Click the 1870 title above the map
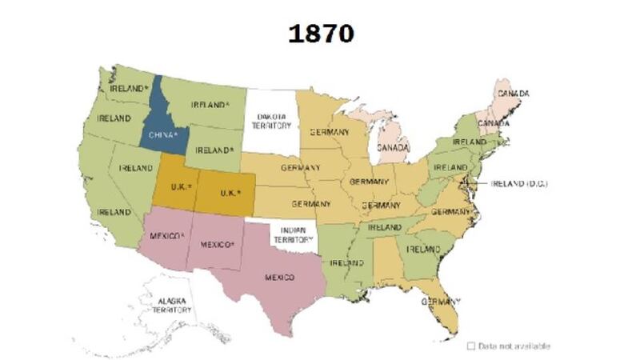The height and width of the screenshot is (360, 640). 321,34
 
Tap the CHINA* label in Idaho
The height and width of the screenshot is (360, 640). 163,134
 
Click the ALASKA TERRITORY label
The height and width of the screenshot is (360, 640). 171,305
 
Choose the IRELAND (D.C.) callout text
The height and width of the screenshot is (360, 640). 518,183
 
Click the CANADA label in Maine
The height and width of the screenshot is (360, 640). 513,94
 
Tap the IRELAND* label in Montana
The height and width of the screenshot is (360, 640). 210,105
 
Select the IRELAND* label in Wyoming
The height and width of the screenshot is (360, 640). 214,150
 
